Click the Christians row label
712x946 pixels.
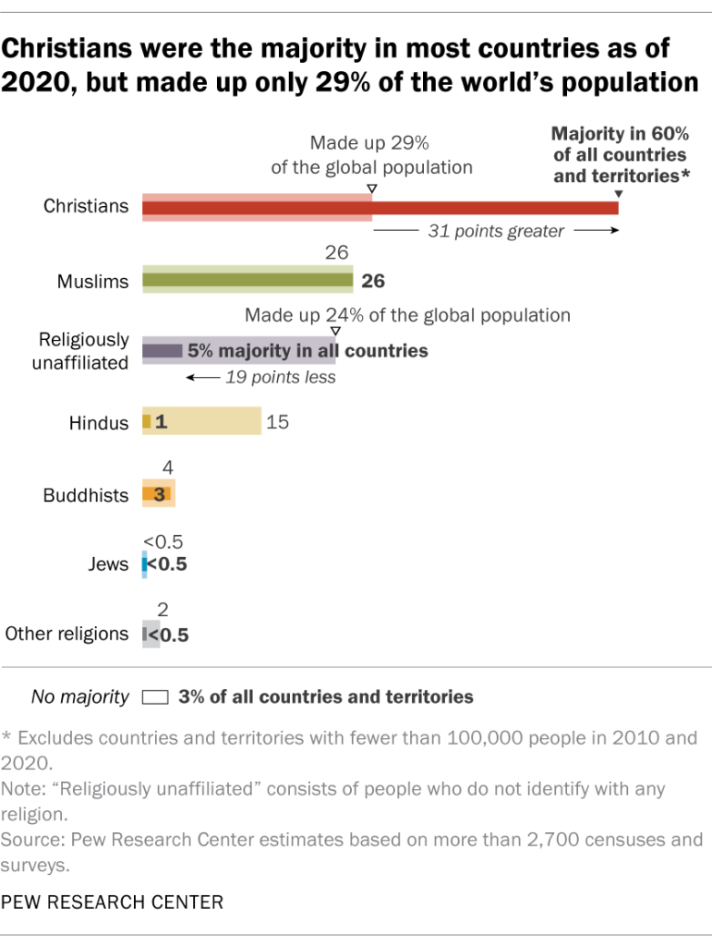tap(86, 206)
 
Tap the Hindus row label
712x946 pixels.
tap(98, 423)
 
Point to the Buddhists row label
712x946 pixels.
tap(86, 495)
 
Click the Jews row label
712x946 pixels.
tap(110, 564)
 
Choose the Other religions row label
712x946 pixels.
tap(66, 634)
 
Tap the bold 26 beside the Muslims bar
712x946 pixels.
tap(372, 281)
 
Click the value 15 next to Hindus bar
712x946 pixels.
tap(278, 422)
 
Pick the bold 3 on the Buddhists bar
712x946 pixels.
tap(158, 494)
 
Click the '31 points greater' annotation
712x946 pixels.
tap(496, 232)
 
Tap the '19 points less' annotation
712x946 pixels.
tap(281, 377)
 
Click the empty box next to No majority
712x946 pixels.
tap(155, 697)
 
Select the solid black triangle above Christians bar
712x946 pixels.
tap(618, 192)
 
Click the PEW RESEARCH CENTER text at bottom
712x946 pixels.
tap(112, 902)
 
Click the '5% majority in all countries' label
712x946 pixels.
tap(308, 351)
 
